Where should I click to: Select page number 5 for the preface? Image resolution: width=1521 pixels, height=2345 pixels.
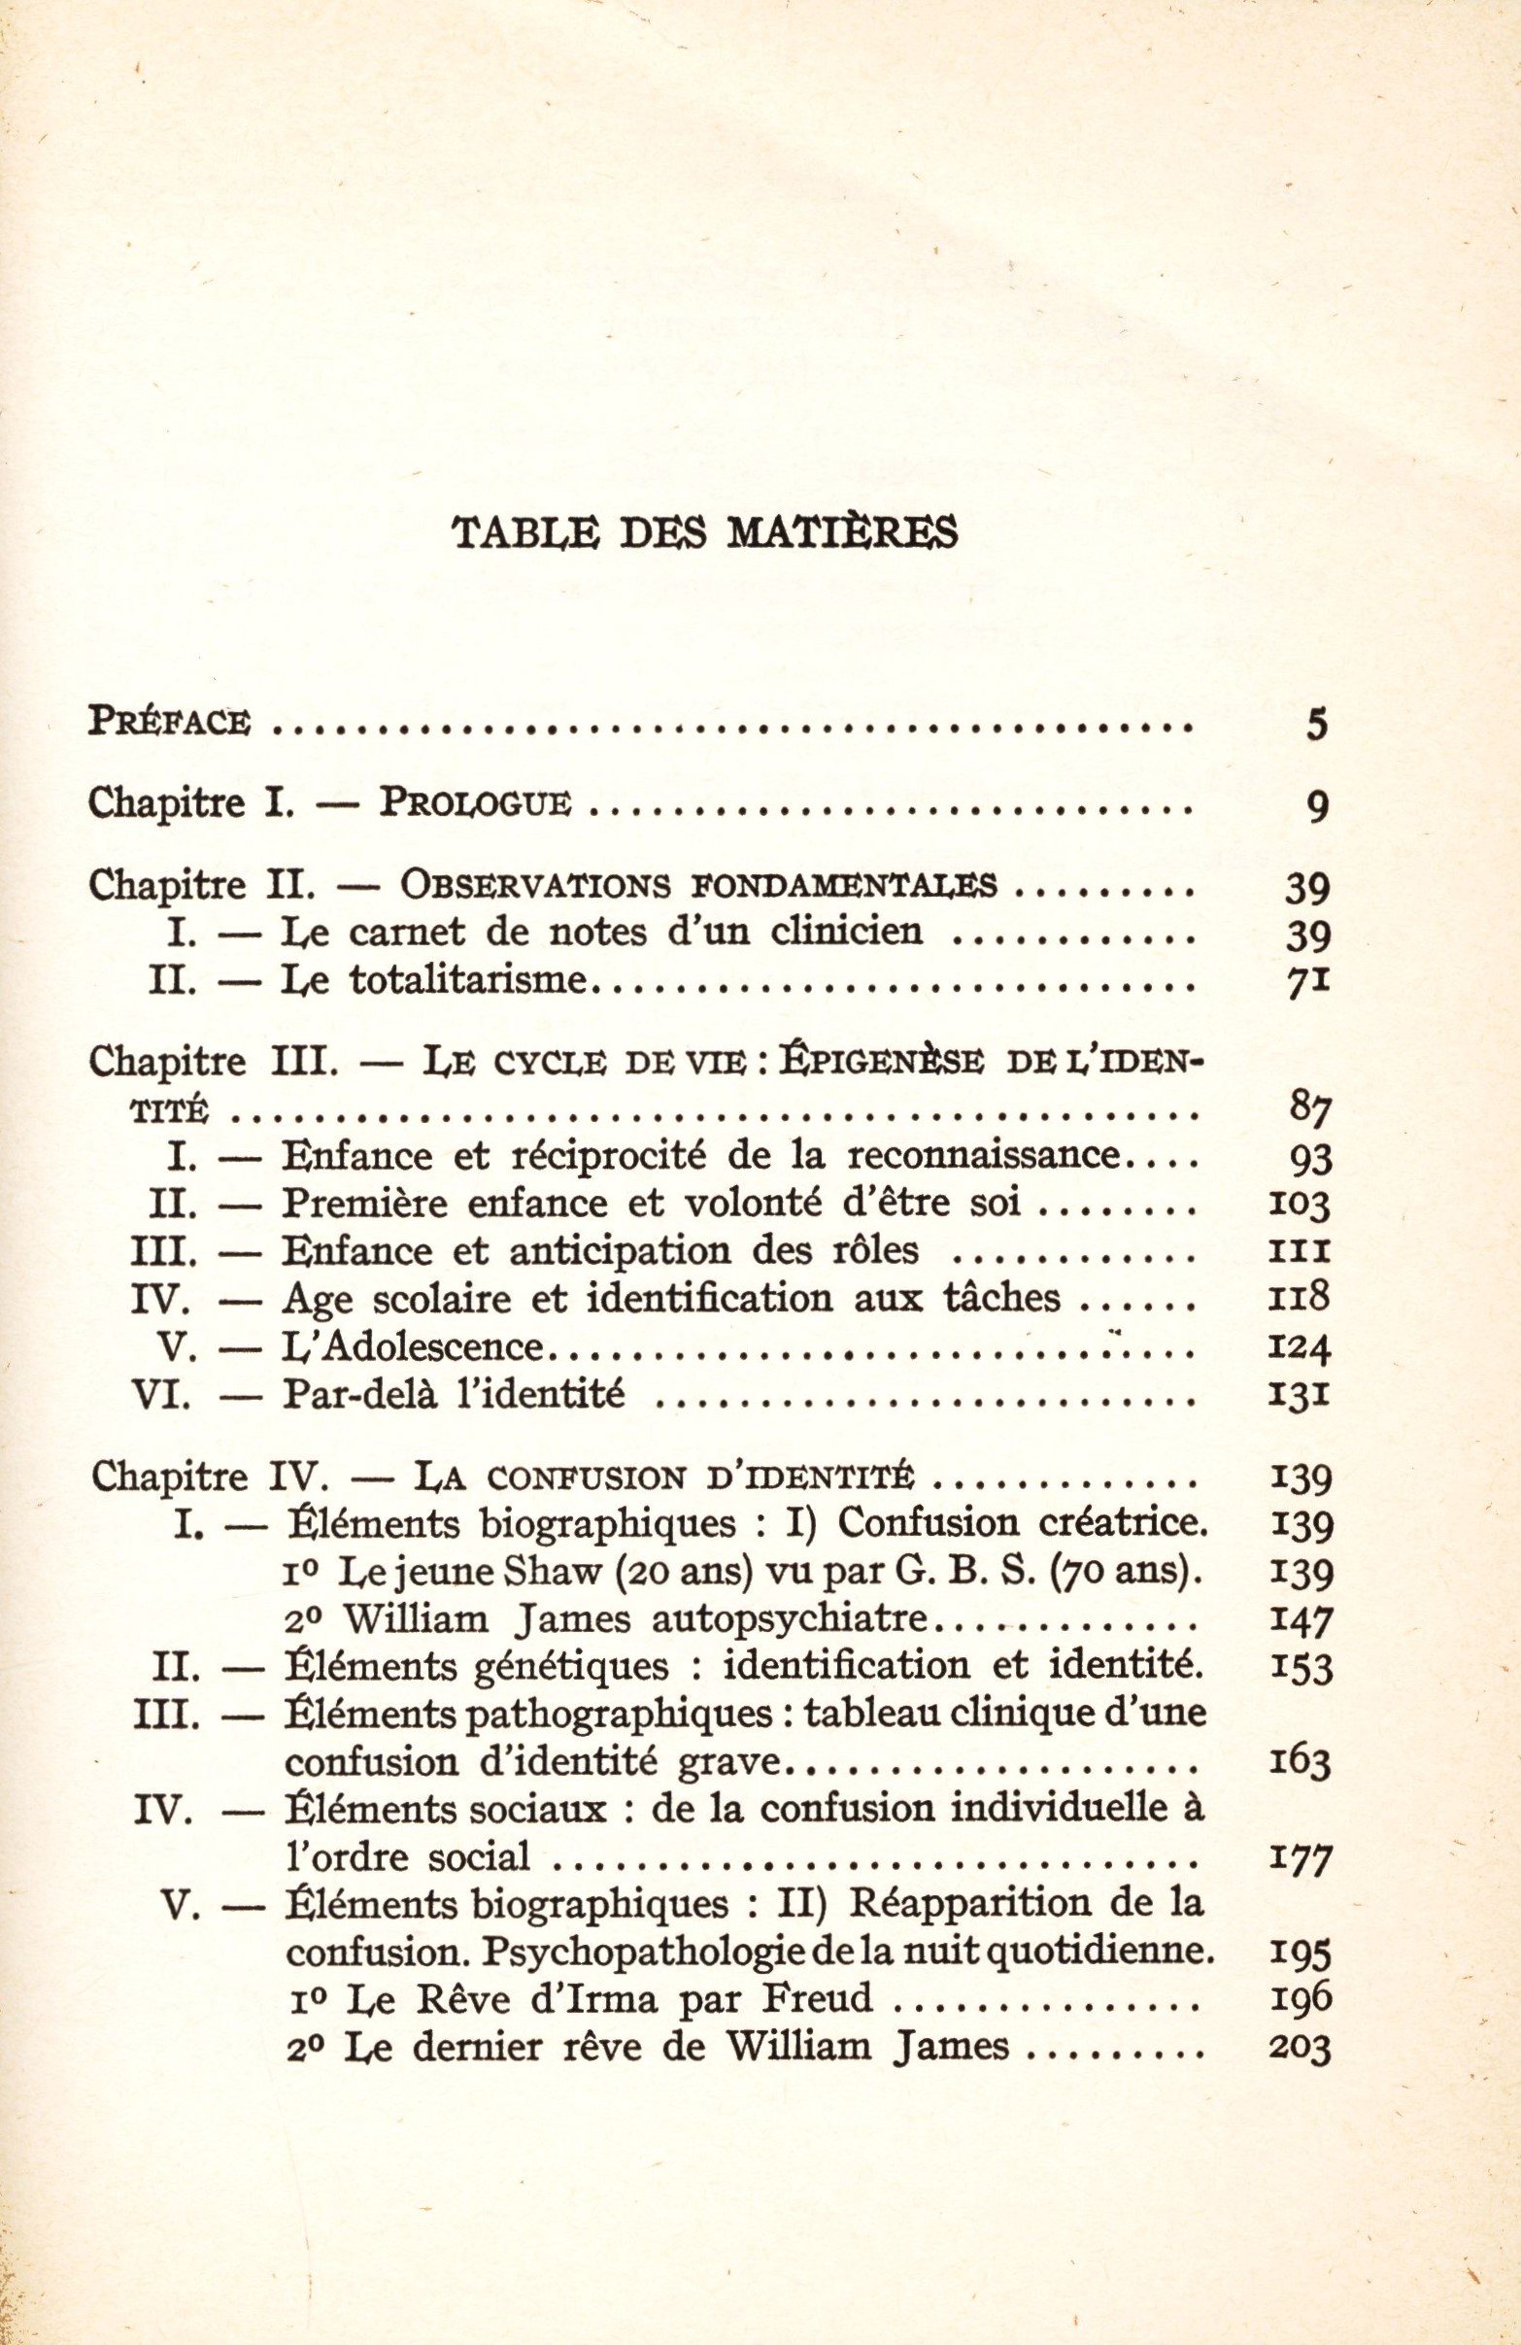(1318, 726)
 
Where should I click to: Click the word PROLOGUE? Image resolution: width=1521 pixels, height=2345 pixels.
(475, 806)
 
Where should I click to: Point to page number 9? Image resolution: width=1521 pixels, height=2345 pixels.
(1318, 808)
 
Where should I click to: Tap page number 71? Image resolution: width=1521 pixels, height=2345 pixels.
(1310, 981)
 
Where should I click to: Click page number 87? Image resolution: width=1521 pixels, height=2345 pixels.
(1310, 1110)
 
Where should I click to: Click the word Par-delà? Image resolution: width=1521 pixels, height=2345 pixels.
(358, 1395)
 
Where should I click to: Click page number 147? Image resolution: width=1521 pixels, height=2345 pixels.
(1301, 1622)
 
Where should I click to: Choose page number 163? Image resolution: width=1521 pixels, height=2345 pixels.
(1301, 1763)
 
